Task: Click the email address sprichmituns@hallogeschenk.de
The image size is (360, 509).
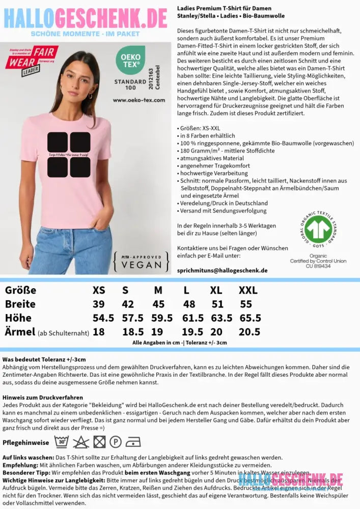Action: pyautogui.click(x=222, y=270)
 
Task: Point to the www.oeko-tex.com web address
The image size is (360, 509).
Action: pyautogui.click(x=139, y=100)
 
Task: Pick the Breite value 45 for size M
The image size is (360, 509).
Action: pyautogui.click(x=158, y=304)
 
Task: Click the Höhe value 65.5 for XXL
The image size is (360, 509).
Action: pyautogui.click(x=250, y=318)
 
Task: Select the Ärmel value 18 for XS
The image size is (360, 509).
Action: pyautogui.click(x=98, y=332)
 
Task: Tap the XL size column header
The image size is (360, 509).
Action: pyautogui.click(x=216, y=291)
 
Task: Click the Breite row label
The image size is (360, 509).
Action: pyautogui.click(x=20, y=304)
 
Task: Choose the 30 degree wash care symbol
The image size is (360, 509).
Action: pyautogui.click(x=61, y=441)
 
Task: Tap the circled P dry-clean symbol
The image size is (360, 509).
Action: pyautogui.click(x=116, y=442)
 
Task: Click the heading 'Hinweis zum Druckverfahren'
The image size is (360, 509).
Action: pyautogui.click(x=43, y=397)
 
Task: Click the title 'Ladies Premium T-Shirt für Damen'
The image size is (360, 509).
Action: pyautogui.click(x=224, y=9)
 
